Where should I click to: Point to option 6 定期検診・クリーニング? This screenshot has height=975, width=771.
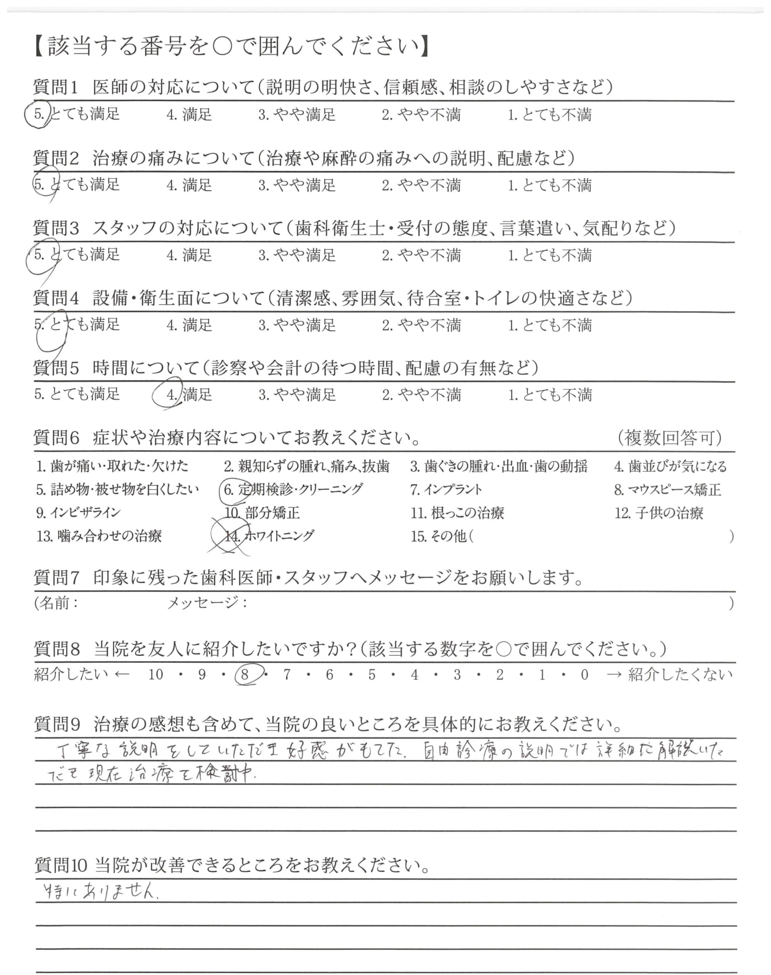293,489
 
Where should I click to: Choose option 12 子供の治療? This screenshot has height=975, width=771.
659,513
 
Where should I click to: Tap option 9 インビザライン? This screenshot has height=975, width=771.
79,513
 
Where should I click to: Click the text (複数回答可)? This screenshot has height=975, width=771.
669,438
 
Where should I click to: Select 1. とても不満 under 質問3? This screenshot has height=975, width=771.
549,255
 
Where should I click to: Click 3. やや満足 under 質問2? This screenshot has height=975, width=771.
297,185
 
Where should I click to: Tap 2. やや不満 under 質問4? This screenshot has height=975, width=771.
421,325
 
